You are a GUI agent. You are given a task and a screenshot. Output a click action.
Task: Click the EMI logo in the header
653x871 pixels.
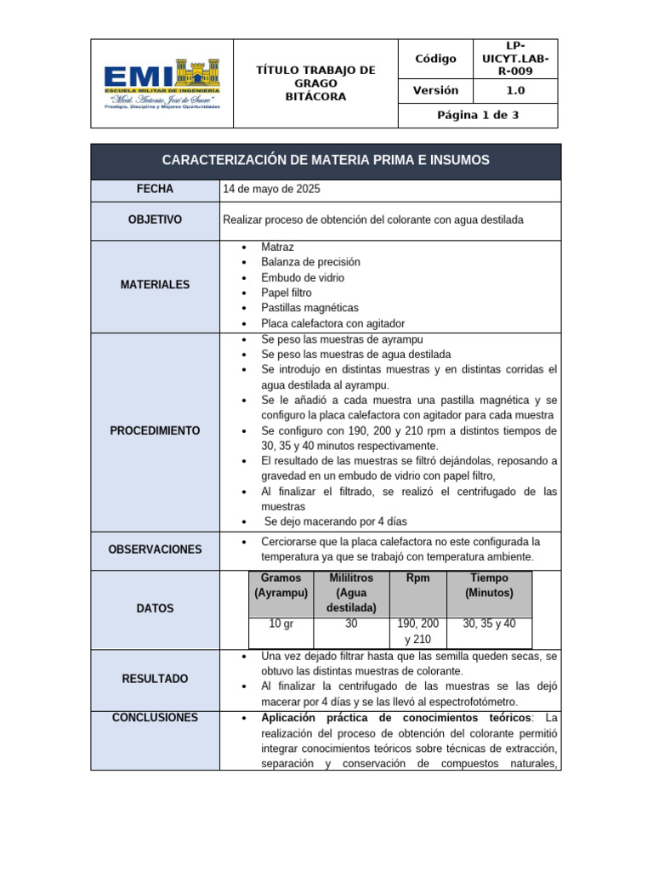pos(161,83)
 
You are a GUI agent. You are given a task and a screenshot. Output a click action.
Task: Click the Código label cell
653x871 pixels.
pos(435,59)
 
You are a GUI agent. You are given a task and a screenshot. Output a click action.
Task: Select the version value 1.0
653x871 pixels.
pos(515,90)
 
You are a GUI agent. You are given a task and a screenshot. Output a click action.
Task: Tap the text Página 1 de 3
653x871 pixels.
pos(478,116)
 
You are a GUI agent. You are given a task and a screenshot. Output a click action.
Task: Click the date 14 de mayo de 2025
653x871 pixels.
pos(271,190)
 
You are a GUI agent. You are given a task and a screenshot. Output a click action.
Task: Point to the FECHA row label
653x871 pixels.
pos(154,190)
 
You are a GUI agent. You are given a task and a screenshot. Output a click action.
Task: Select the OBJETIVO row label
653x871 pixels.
pos(154,220)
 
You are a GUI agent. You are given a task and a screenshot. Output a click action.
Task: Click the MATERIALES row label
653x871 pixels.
pos(154,285)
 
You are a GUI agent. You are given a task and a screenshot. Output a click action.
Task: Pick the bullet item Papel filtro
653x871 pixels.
pos(287,293)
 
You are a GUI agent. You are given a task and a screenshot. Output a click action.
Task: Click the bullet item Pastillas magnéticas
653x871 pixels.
pos(309,308)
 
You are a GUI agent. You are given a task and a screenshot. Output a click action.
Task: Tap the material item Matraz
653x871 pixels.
pos(278,247)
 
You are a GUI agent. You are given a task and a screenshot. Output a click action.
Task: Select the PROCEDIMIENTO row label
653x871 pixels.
pos(154,431)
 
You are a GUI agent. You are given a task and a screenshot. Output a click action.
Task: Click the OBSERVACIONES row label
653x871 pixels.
pos(154,549)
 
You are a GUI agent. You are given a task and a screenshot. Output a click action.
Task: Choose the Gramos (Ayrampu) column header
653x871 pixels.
pos(281,585)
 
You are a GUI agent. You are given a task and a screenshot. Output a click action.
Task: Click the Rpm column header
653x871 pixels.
pos(417,578)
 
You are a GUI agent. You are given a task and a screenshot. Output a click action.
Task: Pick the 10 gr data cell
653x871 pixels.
pos(281,624)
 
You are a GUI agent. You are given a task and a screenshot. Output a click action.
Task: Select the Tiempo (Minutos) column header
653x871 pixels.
pos(488,585)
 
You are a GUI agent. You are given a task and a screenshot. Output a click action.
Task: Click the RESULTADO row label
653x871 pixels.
pos(154,679)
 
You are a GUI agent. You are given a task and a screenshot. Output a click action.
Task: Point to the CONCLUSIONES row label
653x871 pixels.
pos(154,718)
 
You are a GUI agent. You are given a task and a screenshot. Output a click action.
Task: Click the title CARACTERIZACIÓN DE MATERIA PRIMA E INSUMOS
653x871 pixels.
pos(326,161)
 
